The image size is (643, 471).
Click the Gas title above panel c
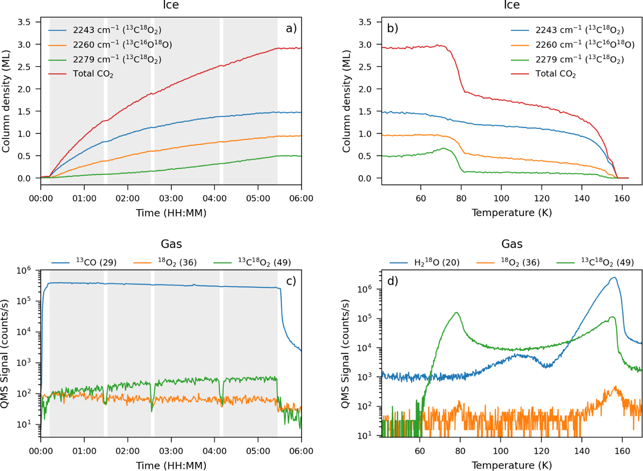[x=171, y=244]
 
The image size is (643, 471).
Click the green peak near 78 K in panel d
[x=457, y=313]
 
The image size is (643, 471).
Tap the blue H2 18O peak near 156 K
[x=613, y=278]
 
